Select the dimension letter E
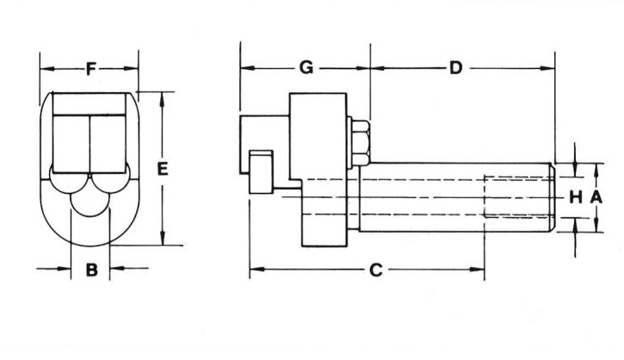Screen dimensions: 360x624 pyautogui.click(x=162, y=169)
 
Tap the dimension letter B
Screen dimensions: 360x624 pyautogui.click(x=91, y=270)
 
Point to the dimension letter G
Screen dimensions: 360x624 pyautogui.click(x=306, y=68)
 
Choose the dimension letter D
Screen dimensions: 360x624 pyautogui.click(x=456, y=68)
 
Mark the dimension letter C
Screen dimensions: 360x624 pyautogui.click(x=375, y=270)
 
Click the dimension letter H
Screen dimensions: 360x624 pyautogui.click(x=575, y=197)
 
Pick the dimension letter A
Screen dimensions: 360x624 pyautogui.click(x=596, y=197)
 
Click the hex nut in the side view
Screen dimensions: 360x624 pyautogui.click(x=359, y=144)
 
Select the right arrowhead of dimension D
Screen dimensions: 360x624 pyautogui.click(x=548, y=68)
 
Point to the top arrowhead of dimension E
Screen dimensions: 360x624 pyautogui.click(x=163, y=96)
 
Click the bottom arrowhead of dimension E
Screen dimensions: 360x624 pyautogui.click(x=163, y=240)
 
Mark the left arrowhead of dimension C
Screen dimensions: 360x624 pyautogui.click(x=255, y=270)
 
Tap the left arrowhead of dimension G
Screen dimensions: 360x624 pyautogui.click(x=245, y=68)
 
